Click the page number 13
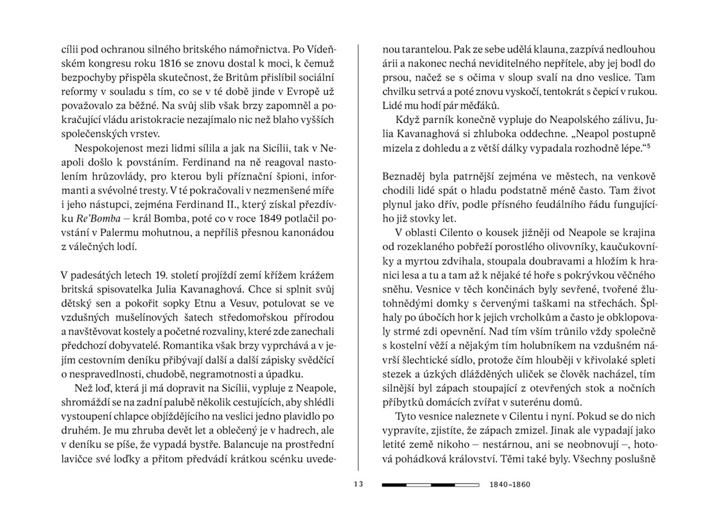[358, 484]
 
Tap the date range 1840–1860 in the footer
[510, 484]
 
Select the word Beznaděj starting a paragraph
[405, 176]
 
